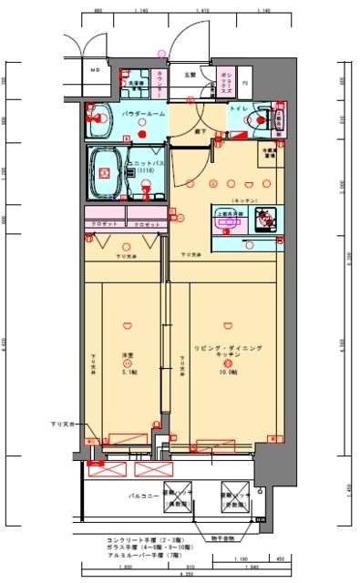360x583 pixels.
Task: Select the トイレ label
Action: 235,108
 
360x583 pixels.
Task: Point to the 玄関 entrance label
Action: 190,74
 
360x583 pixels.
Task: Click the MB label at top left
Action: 95,69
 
